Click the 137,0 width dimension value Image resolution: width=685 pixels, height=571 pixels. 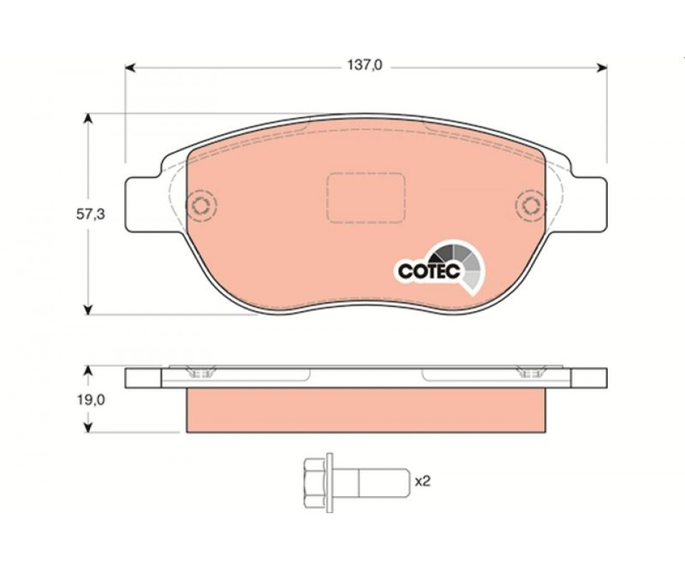click(x=365, y=65)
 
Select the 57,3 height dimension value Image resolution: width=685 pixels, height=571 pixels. click(x=91, y=214)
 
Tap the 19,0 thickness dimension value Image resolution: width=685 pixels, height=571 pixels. click(x=91, y=400)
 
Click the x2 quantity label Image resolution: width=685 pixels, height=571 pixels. click(x=422, y=482)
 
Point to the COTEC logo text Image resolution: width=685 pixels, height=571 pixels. click(x=429, y=271)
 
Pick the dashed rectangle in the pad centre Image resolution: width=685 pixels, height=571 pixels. click(x=365, y=198)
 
